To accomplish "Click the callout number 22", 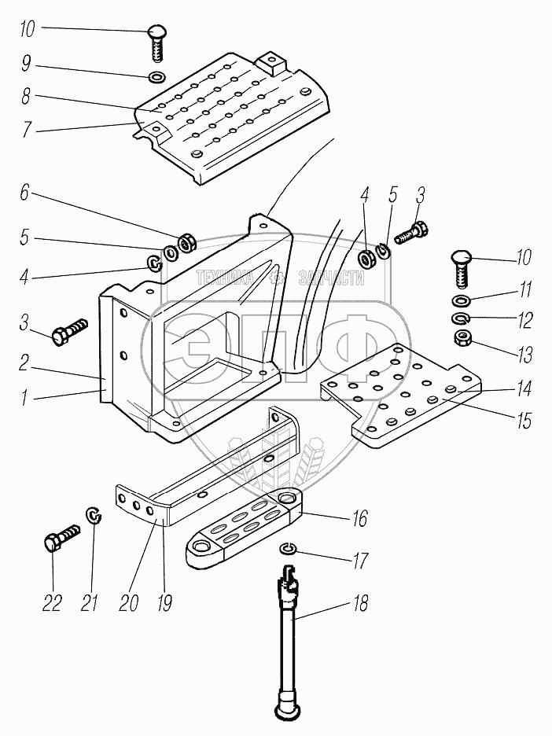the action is (52, 602).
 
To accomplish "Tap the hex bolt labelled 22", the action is (62, 539).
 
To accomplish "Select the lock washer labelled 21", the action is (94, 514).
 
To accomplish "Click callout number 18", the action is (360, 602).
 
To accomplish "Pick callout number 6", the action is (24, 193).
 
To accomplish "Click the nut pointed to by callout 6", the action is (186, 243).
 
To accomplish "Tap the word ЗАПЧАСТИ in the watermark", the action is (331, 279).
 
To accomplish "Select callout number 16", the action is (359, 519).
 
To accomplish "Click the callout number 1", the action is (24, 399).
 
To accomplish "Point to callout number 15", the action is (524, 421).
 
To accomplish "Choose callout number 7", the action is (27, 130).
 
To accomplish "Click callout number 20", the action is (128, 602).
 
